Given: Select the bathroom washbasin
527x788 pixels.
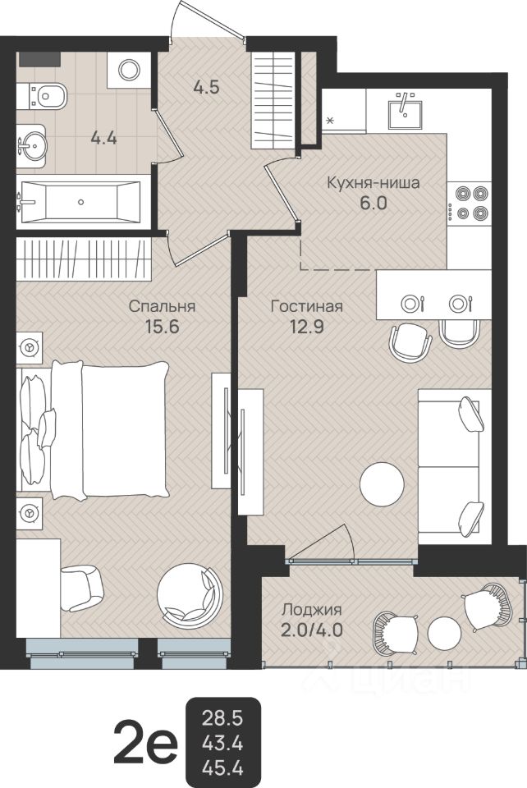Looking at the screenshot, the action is pyautogui.click(x=32, y=146).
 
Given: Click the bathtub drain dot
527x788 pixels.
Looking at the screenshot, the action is pyautogui.click(x=81, y=202).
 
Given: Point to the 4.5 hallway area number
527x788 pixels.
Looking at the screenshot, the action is pyautogui.click(x=207, y=88).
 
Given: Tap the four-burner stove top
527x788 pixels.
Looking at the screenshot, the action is pyautogui.click(x=469, y=203).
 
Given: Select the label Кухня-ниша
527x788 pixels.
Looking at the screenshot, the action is pyautogui.click(x=373, y=182).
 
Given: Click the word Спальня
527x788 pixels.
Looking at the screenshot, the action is pyautogui.click(x=163, y=306).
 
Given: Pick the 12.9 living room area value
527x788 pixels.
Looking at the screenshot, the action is pyautogui.click(x=305, y=328).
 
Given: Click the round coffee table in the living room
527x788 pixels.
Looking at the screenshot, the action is pyautogui.click(x=382, y=484).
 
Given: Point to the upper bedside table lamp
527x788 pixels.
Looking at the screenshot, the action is pyautogui.click(x=30, y=346).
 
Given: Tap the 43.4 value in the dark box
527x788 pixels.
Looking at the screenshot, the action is pyautogui.click(x=222, y=741).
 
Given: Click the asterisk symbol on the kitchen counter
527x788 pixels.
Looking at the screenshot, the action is pyautogui.click(x=330, y=120).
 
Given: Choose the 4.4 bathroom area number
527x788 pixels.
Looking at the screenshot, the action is pyautogui.click(x=104, y=136).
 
